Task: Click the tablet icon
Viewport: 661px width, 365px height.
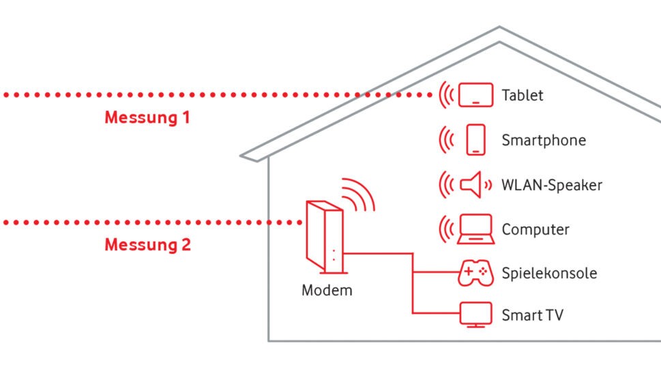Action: pos(475,95)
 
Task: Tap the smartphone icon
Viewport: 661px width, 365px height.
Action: pos(475,140)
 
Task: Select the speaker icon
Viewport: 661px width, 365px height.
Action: pos(472,184)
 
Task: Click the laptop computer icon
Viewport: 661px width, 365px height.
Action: pos(475,229)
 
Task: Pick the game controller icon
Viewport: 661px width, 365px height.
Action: pos(475,273)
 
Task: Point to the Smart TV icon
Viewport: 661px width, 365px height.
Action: pos(475,315)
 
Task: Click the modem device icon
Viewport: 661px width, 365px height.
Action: pos(325,235)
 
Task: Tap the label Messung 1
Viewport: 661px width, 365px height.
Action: pos(147,117)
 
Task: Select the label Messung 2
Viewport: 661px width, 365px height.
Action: pos(147,244)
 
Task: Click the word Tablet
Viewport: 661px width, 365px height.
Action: pos(523,96)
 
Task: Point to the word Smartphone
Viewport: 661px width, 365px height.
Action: pos(543,141)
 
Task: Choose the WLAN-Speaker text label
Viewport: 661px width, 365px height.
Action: pos(551,185)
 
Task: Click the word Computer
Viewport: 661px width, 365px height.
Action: pos(535,229)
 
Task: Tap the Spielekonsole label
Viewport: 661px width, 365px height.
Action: pos(548,274)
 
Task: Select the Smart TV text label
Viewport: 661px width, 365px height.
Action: pos(532,315)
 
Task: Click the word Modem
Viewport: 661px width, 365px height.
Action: pos(327,290)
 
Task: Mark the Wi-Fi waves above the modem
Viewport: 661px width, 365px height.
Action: pos(359,194)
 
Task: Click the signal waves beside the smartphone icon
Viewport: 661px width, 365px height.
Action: pos(446,140)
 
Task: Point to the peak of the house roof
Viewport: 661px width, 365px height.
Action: pos(499,29)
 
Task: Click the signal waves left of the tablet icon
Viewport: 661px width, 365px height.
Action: pos(446,95)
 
